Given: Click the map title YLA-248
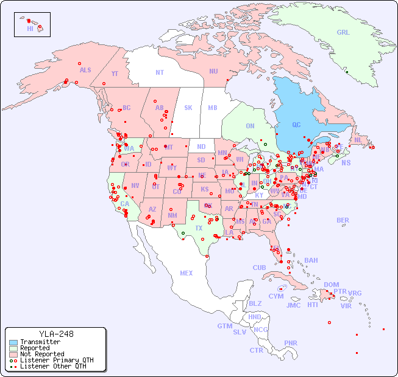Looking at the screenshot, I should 56,334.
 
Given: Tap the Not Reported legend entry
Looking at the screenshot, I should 41,354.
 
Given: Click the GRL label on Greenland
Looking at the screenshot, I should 343,33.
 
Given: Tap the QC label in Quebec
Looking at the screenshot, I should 296,125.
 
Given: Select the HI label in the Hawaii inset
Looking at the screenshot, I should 30,29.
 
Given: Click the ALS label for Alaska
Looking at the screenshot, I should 85,71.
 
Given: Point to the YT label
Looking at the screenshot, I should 115,74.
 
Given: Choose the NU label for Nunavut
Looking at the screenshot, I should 213,71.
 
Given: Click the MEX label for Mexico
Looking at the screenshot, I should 187,273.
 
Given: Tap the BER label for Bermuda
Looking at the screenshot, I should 343,220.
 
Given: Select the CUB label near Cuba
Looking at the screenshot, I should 259,268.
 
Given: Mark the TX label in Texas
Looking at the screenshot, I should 199,228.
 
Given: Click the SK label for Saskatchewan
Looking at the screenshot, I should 188,108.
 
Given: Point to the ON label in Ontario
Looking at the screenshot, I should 250,126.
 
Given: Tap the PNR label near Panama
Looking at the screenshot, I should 291,343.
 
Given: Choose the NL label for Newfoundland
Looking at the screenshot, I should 358,139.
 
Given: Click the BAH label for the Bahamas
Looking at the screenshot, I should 311,260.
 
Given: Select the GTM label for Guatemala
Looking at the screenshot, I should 224,326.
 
